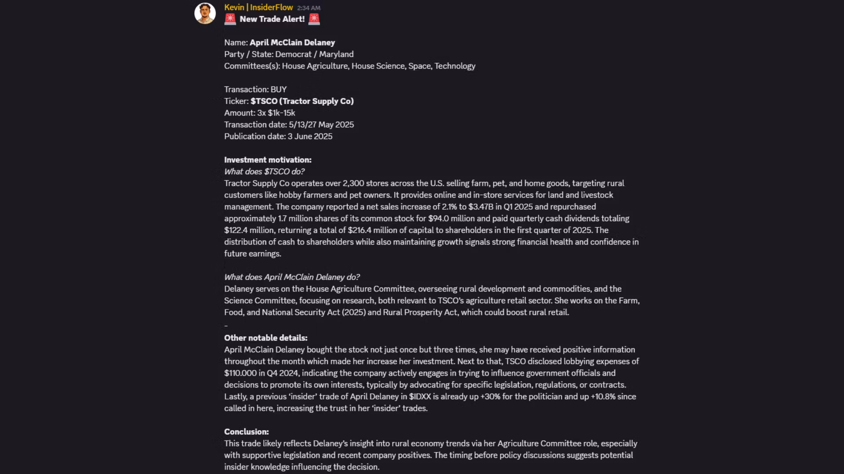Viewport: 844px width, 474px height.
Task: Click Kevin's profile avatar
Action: (205, 14)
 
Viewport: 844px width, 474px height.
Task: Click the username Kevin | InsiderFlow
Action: (258, 7)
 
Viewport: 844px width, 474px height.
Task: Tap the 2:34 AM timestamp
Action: (309, 8)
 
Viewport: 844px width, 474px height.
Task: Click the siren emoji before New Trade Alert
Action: (230, 19)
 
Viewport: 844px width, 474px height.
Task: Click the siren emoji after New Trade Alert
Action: (314, 19)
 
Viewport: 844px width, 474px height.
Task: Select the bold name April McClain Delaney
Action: (292, 43)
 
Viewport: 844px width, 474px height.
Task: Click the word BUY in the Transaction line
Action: (278, 90)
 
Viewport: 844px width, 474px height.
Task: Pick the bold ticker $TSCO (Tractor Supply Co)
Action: (302, 101)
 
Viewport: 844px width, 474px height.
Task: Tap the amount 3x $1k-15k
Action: (276, 113)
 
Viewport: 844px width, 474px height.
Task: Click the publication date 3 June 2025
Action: (310, 136)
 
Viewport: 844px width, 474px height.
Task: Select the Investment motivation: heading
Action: (268, 160)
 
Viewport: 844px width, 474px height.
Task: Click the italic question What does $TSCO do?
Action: (264, 172)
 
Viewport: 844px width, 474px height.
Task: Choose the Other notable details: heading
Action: (266, 338)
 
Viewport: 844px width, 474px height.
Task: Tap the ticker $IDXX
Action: (420, 397)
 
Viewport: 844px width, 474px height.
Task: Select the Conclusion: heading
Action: (246, 432)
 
